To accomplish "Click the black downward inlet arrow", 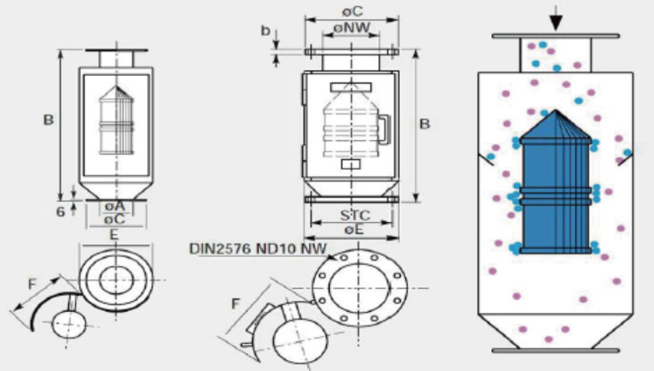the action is click(x=556, y=19).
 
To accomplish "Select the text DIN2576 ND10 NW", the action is click(x=258, y=248).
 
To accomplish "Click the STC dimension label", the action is click(x=355, y=215).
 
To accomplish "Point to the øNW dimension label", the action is click(x=352, y=27).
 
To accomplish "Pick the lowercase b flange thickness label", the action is click(x=265, y=31).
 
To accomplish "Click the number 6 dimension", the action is click(x=61, y=212).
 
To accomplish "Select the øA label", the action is click(x=115, y=206).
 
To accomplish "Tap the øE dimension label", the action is click(x=353, y=229).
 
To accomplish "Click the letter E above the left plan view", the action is click(x=114, y=235).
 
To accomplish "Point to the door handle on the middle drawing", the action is click(x=383, y=129).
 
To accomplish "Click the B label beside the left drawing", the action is click(x=49, y=120).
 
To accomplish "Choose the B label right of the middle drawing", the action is click(x=425, y=124).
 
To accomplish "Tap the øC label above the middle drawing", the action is click(x=353, y=11).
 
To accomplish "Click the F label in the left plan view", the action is click(x=32, y=284).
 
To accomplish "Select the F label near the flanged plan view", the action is click(x=236, y=304).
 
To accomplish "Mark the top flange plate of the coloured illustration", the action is click(x=556, y=36).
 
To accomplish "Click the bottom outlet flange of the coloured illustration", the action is click(x=556, y=351).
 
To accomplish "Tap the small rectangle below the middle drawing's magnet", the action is click(x=351, y=164).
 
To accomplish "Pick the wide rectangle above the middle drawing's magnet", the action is click(x=351, y=87).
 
